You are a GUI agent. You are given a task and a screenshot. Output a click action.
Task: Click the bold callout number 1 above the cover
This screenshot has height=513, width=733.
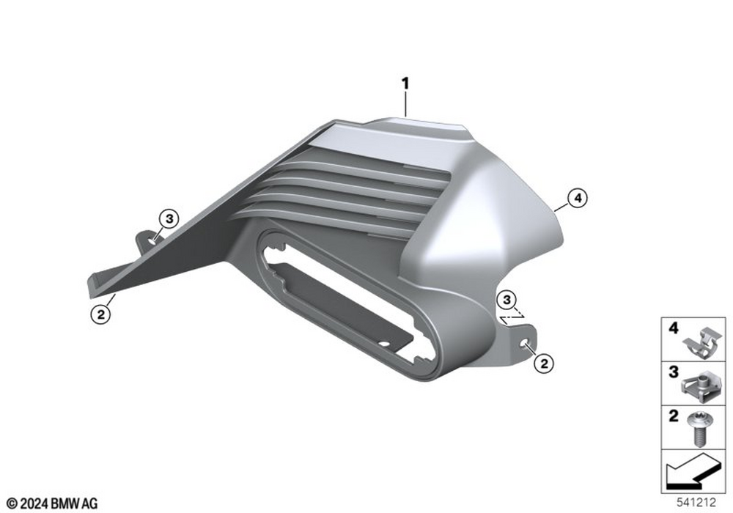405,84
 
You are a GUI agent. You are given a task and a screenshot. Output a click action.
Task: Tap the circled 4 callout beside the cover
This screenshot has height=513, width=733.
578,198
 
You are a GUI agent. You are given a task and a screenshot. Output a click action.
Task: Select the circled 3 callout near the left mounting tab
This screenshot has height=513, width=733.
169,218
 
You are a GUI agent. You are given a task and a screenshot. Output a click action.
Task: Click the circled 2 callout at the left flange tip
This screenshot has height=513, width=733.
101,314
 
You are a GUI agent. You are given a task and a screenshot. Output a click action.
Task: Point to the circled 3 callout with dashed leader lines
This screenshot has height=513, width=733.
507,300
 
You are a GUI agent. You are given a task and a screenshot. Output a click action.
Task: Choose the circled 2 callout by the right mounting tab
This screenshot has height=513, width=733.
544,363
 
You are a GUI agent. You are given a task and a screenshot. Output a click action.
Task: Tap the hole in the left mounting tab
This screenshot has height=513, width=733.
153,242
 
